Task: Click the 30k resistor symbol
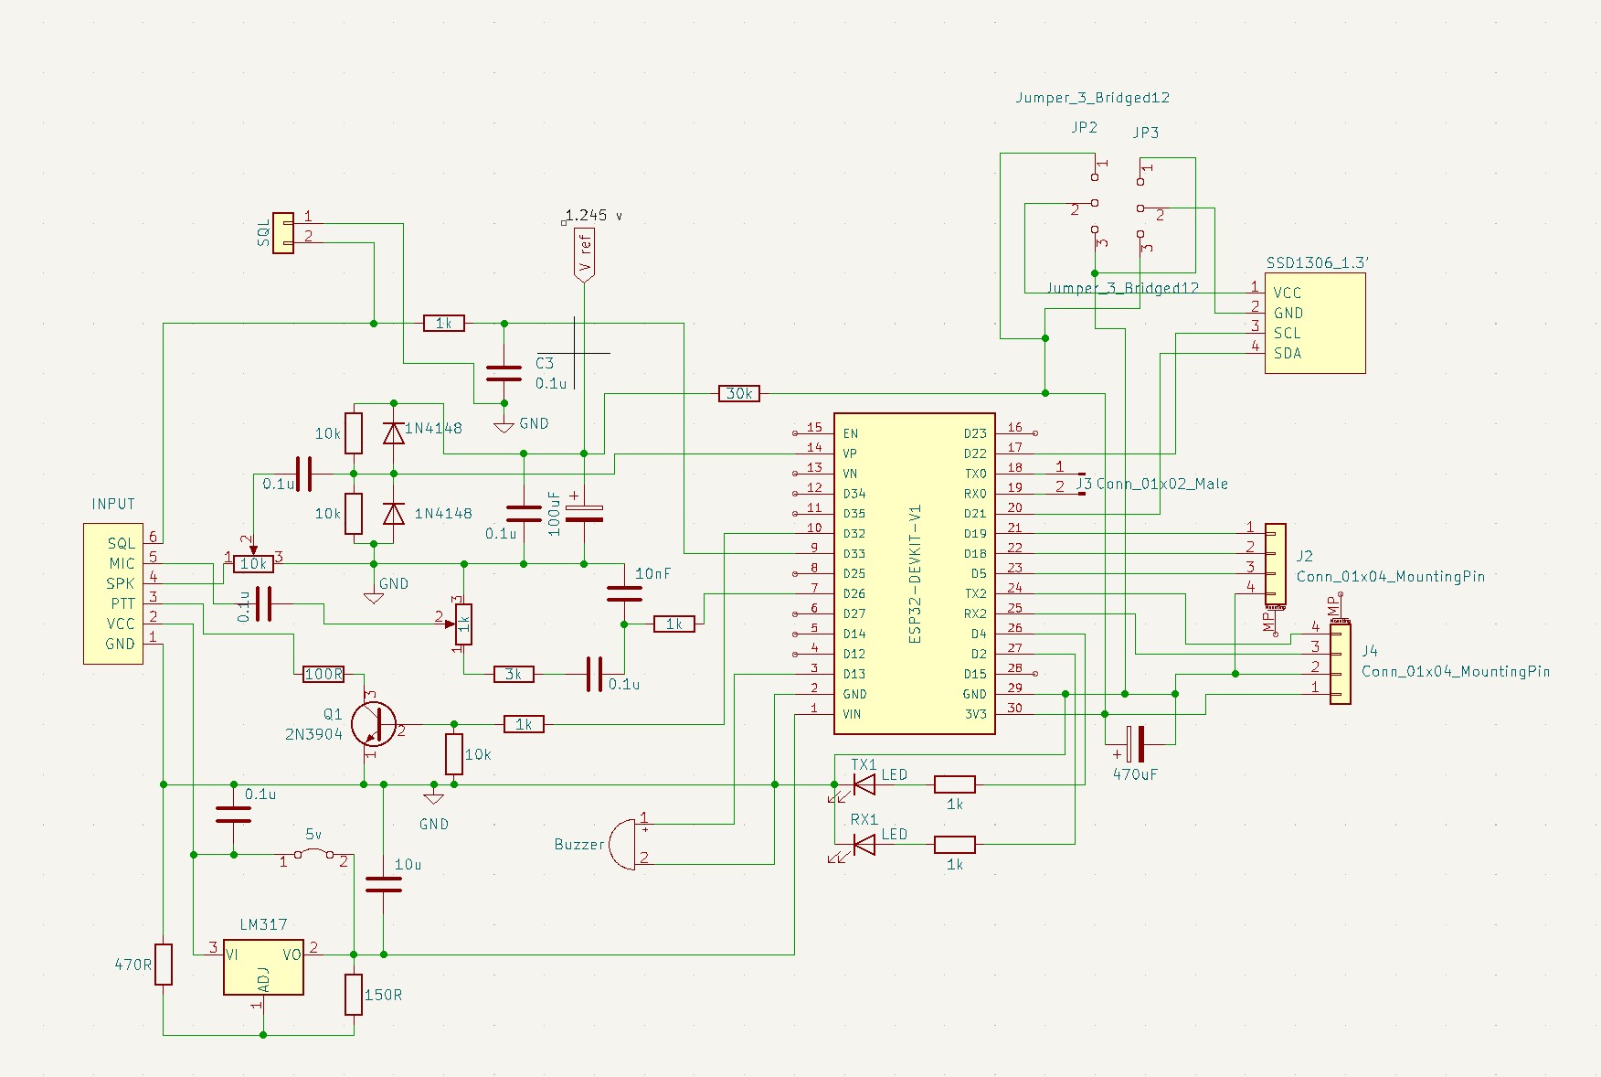(738, 393)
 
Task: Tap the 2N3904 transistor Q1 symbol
(375, 724)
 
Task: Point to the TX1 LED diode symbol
(863, 784)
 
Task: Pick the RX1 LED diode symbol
(863, 845)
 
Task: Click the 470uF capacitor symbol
(1135, 744)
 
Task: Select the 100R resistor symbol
(323, 674)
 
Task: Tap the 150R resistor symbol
(354, 994)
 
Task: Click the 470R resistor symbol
(164, 964)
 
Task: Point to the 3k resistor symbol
(513, 674)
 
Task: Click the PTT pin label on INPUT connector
(122, 603)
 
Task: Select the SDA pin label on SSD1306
(1288, 353)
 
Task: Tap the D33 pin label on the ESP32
(854, 553)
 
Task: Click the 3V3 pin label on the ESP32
(975, 714)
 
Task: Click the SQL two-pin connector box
(283, 233)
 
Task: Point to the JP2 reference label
(1084, 127)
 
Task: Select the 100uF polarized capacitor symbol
(584, 514)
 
